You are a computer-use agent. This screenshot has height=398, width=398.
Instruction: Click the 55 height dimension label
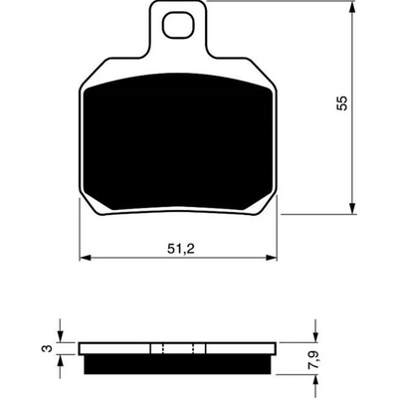click(x=342, y=102)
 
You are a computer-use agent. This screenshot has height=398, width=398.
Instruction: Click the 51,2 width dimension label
click(x=180, y=249)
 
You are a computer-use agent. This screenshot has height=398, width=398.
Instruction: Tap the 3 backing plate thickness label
click(x=48, y=348)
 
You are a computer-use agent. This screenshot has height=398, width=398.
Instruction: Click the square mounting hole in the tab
click(x=177, y=25)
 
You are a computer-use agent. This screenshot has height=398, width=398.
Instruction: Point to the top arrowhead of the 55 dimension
click(x=353, y=7)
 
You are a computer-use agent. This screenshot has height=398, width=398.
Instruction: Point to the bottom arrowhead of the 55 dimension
click(x=353, y=208)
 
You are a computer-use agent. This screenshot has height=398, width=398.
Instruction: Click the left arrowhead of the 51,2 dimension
click(x=86, y=258)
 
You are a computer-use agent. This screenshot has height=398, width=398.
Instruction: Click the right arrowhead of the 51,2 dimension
click(x=271, y=258)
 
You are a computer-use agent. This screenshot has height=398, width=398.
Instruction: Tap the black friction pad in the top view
click(x=178, y=142)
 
